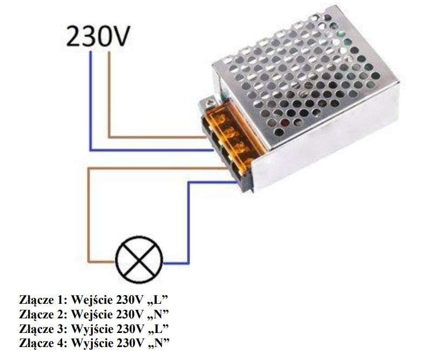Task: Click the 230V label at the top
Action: [x=98, y=36]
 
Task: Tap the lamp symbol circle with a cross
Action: [x=139, y=260]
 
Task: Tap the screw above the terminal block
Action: [x=209, y=103]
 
